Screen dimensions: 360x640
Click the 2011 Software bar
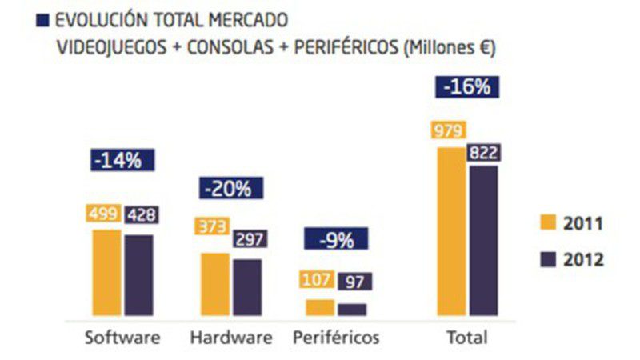click(x=107, y=273)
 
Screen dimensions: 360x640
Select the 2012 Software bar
click(x=138, y=275)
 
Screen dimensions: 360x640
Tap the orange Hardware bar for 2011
click(x=215, y=284)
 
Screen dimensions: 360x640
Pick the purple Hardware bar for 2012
click(x=246, y=287)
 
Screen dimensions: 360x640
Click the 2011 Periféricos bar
click(x=320, y=307)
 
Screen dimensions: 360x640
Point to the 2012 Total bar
click(x=482, y=240)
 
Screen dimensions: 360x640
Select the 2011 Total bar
click(x=450, y=231)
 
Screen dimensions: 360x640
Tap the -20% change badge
click(x=228, y=190)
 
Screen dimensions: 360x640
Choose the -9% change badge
click(x=335, y=240)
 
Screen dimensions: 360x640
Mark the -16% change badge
click(x=468, y=87)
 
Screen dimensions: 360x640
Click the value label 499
click(x=103, y=214)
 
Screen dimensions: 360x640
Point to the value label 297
click(x=250, y=239)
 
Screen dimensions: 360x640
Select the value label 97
click(x=354, y=281)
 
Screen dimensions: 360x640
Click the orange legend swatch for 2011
click(x=549, y=223)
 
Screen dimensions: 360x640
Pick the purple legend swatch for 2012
click(x=549, y=259)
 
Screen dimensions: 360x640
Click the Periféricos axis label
click(x=336, y=337)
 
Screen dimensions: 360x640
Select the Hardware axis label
click(x=230, y=337)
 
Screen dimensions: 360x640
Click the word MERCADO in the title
click(x=245, y=18)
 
